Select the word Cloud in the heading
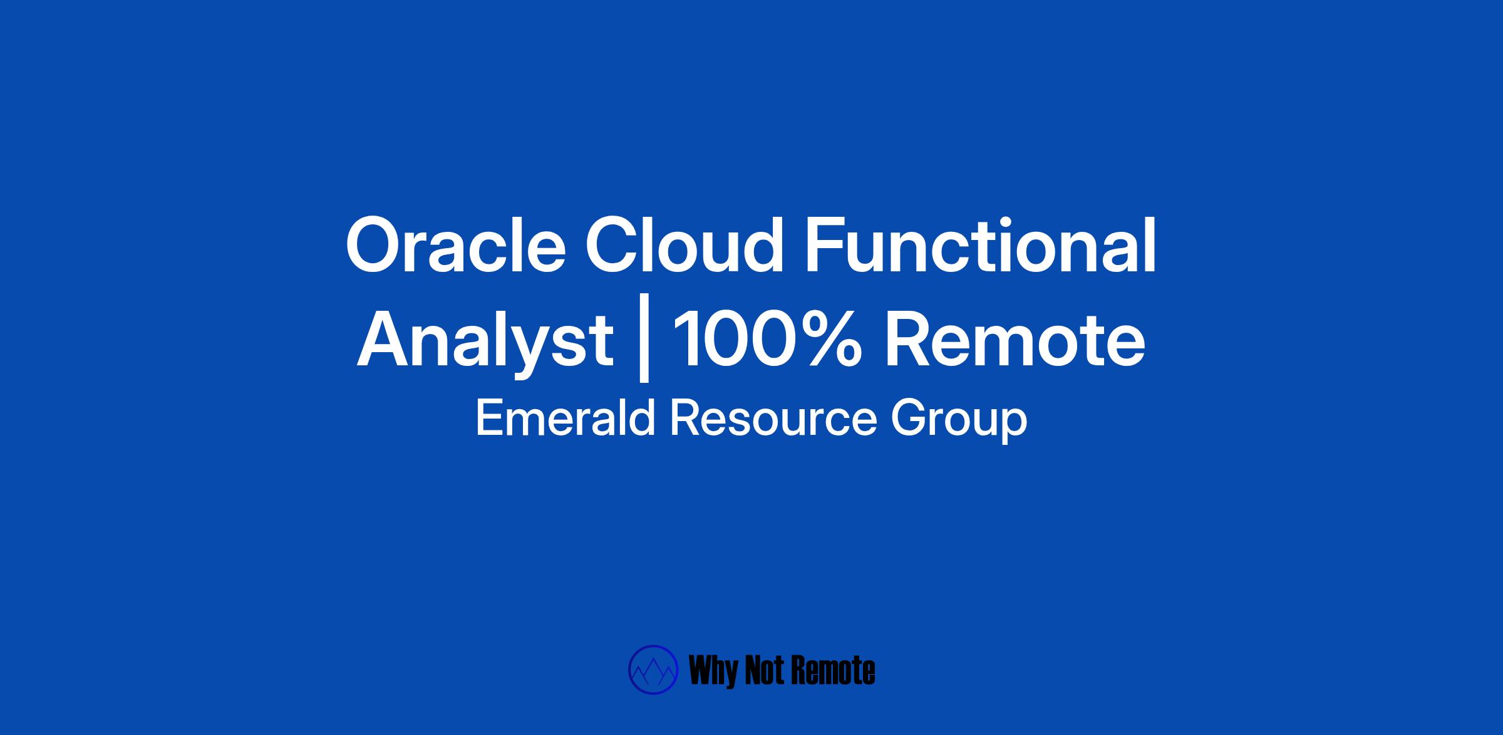(684, 246)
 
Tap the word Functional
(980, 246)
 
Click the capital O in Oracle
(376, 246)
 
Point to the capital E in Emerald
(490, 418)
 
